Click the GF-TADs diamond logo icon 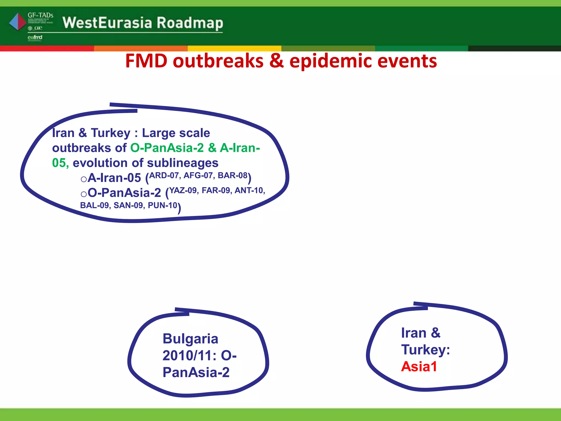(18, 22)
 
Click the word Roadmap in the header (190, 23)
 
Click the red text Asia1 (419, 366)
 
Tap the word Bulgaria (190, 339)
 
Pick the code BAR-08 (233, 175)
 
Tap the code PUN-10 (163, 205)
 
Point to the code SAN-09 (128, 205)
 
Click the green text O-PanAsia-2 (167, 148)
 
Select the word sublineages (183, 163)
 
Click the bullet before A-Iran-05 (84, 179)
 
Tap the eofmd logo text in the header (35, 37)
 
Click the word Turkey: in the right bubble (425, 350)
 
